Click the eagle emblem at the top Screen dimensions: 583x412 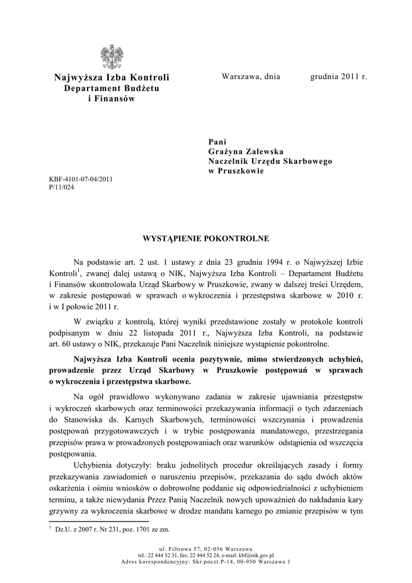pos(112,58)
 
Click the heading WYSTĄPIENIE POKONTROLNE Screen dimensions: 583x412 pos(205,238)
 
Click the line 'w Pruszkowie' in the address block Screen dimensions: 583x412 pos(236,171)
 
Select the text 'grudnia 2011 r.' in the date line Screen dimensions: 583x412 pos(339,77)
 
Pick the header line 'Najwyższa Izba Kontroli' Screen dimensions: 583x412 pos(112,77)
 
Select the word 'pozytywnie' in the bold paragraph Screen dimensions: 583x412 pos(217,359)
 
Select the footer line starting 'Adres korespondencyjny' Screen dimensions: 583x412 pos(205,562)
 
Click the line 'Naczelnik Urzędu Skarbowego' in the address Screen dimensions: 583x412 pos(270,161)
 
